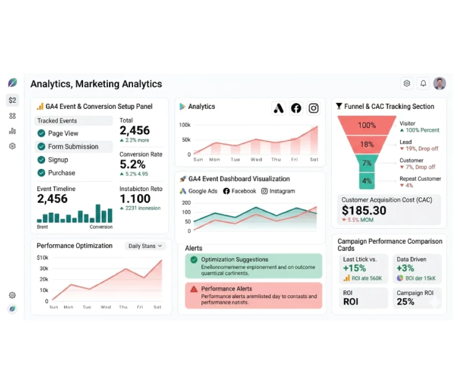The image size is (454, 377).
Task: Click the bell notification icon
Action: [x=423, y=83]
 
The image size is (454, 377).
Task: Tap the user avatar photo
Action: [x=440, y=83]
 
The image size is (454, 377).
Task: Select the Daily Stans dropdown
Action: [x=145, y=246]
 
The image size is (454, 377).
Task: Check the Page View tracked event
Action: [x=41, y=133]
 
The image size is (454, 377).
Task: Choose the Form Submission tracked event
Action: [x=73, y=147]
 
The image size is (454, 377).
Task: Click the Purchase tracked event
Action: [x=61, y=173]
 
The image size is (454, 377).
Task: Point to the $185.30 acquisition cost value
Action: [x=364, y=210]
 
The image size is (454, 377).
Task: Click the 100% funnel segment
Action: [x=367, y=125]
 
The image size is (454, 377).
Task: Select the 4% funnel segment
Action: [x=367, y=181]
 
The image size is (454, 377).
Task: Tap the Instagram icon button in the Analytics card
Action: [x=313, y=108]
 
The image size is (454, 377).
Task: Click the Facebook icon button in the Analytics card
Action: [x=296, y=108]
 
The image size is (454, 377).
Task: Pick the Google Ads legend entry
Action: [x=199, y=191]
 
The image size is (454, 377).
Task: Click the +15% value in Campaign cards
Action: [x=354, y=268]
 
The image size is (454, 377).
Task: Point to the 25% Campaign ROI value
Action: [x=406, y=302]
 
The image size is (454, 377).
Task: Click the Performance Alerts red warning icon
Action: [x=194, y=289]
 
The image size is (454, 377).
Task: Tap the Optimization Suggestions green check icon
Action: [x=194, y=260]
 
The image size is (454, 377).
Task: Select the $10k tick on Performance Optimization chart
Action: [x=43, y=258]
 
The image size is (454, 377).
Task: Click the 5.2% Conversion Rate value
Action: [x=133, y=164]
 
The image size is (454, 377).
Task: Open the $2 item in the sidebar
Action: [x=12, y=100]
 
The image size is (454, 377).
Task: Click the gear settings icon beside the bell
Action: [x=407, y=83]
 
